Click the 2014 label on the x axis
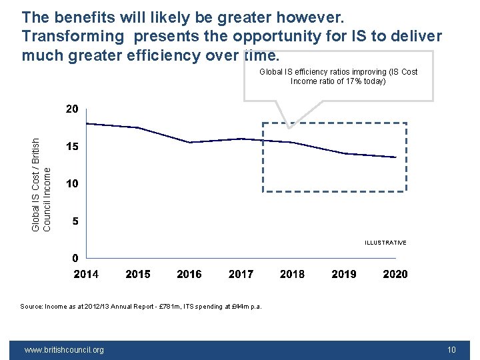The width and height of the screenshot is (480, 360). pos(86,274)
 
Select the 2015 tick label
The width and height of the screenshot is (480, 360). pos(138,274)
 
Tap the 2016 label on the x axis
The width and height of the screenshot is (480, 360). pos(189,274)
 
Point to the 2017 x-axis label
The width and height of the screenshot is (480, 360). pos(241,274)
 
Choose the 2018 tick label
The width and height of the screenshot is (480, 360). pos(292,274)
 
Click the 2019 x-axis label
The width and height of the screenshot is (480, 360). pos(344,274)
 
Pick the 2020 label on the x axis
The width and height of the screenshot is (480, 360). pos(395,274)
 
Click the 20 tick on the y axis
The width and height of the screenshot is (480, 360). pos(72,109)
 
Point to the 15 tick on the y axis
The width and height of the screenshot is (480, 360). pos(72,146)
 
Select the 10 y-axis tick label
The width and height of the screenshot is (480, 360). pos(72,183)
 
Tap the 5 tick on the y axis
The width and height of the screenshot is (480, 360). pos(75,221)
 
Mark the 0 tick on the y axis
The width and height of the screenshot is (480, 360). pos(75,258)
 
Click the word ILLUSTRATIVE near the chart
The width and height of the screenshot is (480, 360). pos(385,243)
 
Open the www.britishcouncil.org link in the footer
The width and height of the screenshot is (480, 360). pos(64,349)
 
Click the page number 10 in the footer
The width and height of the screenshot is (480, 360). pos(451,349)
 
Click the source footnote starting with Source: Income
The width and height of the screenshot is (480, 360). pos(141,307)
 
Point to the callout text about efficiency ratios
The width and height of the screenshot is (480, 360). pos(338,76)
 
